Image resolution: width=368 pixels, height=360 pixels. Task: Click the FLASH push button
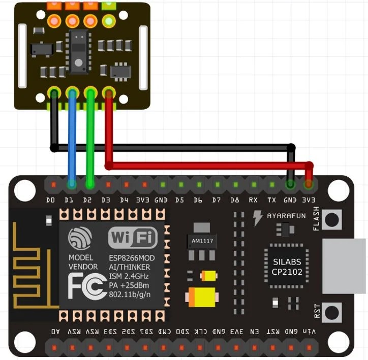pyautogui.click(x=332, y=219)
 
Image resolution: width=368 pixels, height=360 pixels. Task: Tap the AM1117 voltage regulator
pyautogui.click(x=202, y=240)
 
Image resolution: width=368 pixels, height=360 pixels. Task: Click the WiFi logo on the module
pyautogui.click(x=133, y=237)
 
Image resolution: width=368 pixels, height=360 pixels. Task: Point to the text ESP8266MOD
pyautogui.click(x=132, y=258)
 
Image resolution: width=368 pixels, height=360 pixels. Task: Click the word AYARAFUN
pyautogui.click(x=287, y=216)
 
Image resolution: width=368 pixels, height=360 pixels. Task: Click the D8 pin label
pyautogui.click(x=235, y=201)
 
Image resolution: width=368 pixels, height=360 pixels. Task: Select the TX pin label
pyautogui.click(x=272, y=201)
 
